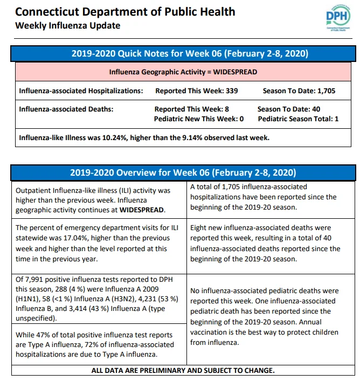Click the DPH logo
tap(338, 18)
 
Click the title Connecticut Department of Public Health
tap(125, 12)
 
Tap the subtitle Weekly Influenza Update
tap(67, 25)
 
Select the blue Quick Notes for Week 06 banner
tap(183, 53)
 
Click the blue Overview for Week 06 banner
tap(183, 172)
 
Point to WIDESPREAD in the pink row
tap(235, 72)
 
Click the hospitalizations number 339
tap(232, 91)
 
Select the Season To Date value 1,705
tap(326, 91)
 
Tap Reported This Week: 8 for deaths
tap(192, 109)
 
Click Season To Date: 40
tap(289, 109)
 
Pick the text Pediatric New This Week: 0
tap(199, 119)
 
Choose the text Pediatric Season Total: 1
tap(298, 119)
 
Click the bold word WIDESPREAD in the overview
tap(142, 210)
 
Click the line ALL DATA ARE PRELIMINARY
tap(183, 371)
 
